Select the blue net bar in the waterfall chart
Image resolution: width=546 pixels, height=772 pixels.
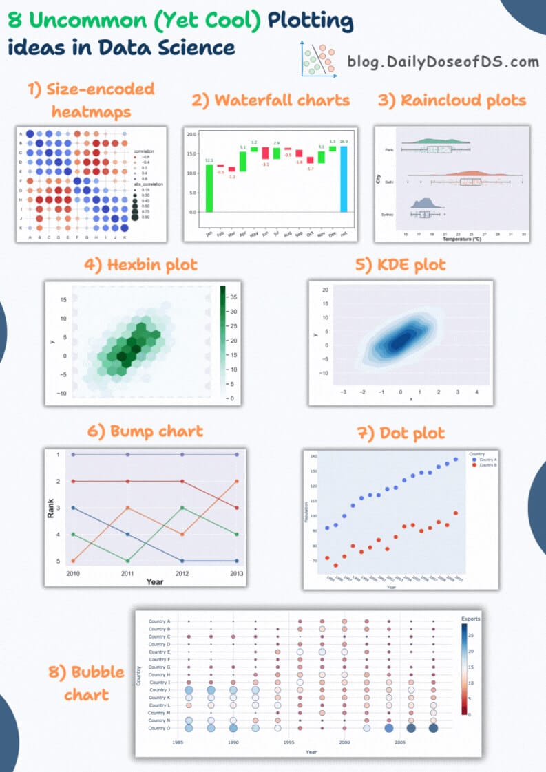(344, 179)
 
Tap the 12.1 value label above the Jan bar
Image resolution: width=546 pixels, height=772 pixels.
(209, 160)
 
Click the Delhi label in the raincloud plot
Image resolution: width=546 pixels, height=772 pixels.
(390, 182)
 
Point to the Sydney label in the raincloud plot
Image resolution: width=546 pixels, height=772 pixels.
(388, 215)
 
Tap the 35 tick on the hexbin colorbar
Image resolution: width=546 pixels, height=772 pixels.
(233, 297)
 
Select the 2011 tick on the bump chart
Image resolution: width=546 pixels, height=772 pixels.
(127, 573)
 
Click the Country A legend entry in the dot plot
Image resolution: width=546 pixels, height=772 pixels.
(486, 460)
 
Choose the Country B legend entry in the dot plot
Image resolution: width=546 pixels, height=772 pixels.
(486, 466)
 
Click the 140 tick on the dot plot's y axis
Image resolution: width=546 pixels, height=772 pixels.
(313, 457)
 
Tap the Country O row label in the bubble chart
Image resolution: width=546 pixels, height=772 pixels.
(159, 728)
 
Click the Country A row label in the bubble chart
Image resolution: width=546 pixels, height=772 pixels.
(159, 621)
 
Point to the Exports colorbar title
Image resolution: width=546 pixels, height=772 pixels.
(471, 619)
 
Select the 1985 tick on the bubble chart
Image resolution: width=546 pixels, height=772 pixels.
(178, 743)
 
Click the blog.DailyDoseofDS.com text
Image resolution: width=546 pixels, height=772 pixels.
(443, 61)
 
